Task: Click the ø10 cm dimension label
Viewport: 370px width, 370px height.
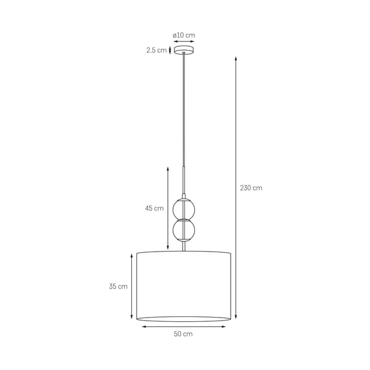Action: click(x=184, y=35)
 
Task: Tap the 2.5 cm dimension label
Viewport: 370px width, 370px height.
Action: click(x=157, y=51)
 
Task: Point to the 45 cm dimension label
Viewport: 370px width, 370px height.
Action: click(x=154, y=208)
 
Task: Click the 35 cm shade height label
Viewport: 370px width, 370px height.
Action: click(x=118, y=286)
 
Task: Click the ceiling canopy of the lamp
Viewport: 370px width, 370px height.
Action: click(x=184, y=51)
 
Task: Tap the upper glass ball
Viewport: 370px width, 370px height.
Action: click(x=184, y=208)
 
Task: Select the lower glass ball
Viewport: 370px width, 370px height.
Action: click(x=184, y=231)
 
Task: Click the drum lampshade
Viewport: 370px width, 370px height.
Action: click(x=184, y=286)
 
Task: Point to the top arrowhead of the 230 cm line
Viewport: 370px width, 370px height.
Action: click(x=236, y=58)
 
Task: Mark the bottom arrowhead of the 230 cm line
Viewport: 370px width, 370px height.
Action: click(x=236, y=316)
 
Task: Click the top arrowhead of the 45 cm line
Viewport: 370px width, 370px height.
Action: click(x=168, y=166)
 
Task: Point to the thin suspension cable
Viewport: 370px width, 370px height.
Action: click(x=184, y=111)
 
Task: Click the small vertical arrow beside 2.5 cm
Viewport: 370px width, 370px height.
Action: click(x=170, y=51)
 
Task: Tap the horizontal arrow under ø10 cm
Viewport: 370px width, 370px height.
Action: click(x=184, y=42)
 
